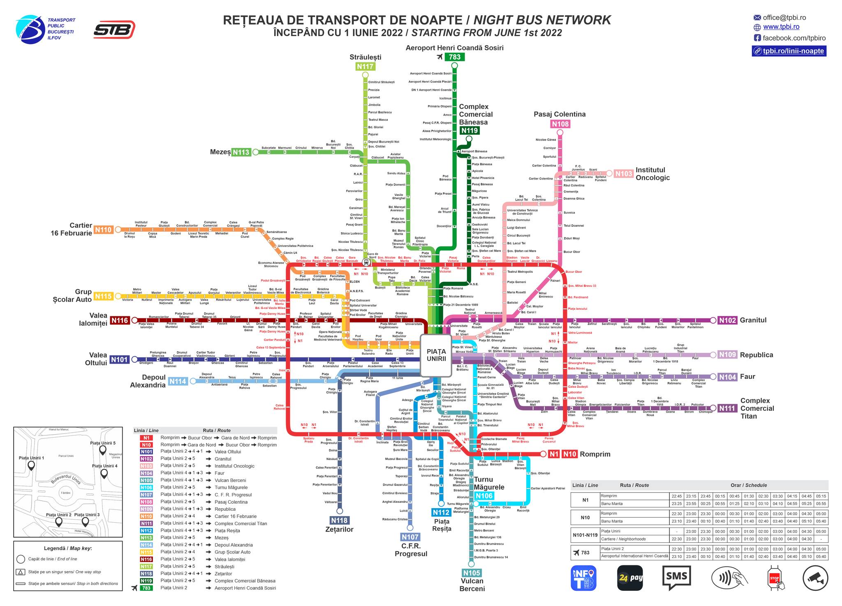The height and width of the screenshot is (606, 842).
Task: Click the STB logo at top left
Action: pyautogui.click(x=114, y=30)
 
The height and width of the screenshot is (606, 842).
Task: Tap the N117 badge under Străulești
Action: pyautogui.click(x=365, y=67)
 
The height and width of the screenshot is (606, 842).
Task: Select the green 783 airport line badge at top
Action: pyautogui.click(x=455, y=57)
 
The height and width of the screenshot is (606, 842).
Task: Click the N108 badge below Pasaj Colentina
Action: pyautogui.click(x=560, y=124)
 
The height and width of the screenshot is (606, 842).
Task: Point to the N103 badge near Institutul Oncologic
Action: pyautogui.click(x=623, y=174)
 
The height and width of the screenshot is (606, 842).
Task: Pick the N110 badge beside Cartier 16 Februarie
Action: pyautogui.click(x=103, y=230)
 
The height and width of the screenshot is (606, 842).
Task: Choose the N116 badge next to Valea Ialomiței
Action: pyautogui.click(x=120, y=320)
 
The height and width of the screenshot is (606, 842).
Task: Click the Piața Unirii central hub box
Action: pyautogui.click(x=436, y=355)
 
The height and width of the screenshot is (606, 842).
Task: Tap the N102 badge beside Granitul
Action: pyautogui.click(x=727, y=320)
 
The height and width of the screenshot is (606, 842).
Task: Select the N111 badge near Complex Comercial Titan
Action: pyautogui.click(x=727, y=408)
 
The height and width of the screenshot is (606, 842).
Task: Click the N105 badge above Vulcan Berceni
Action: pyautogui.click(x=471, y=573)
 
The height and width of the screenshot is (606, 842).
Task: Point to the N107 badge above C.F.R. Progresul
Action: pyautogui.click(x=410, y=537)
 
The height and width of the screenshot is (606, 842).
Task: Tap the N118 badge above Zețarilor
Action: pyautogui.click(x=339, y=520)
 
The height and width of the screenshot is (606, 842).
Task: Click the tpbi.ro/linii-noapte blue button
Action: pyautogui.click(x=789, y=51)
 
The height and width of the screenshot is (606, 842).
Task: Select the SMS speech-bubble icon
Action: pyautogui.click(x=676, y=578)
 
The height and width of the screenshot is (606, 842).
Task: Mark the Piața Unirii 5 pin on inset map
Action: pyautogui.click(x=103, y=449)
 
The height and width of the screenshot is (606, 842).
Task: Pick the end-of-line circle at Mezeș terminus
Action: pyautogui.click(x=256, y=152)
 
